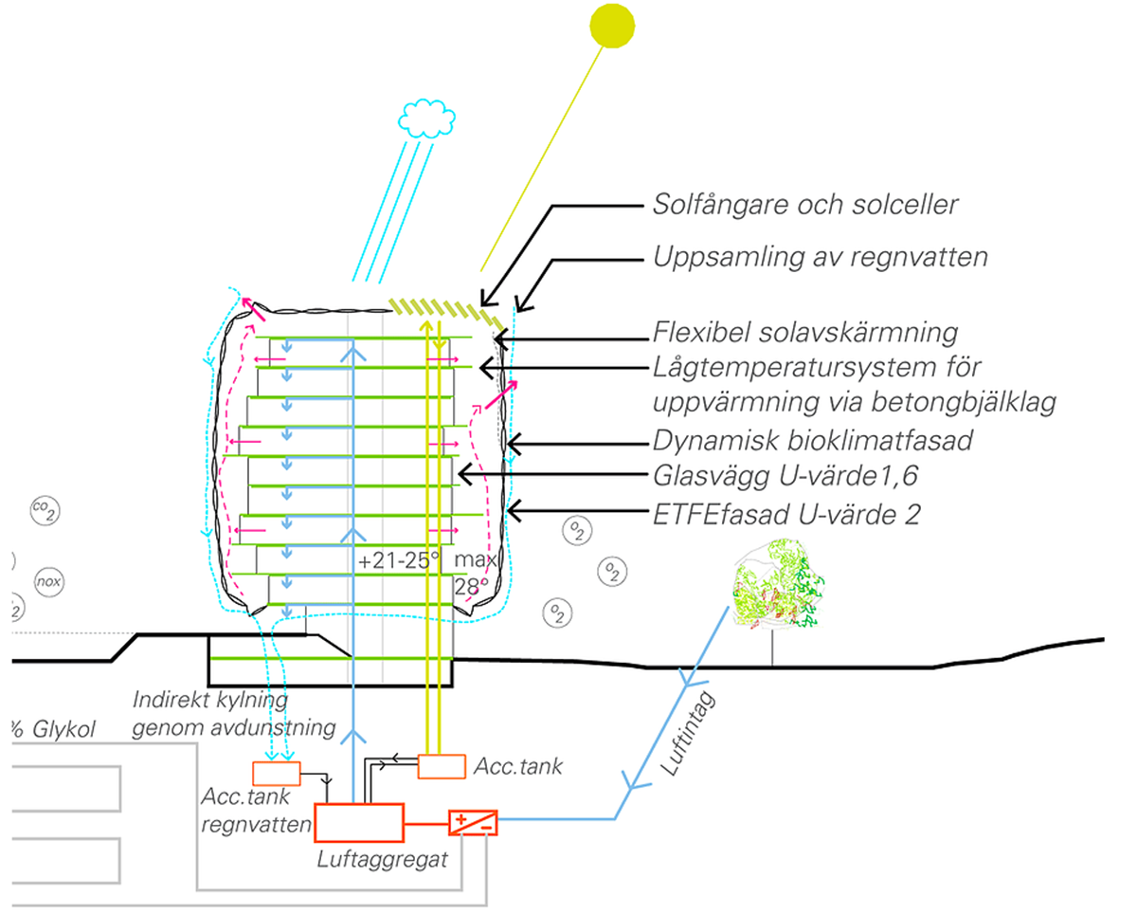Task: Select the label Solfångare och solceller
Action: click(x=805, y=204)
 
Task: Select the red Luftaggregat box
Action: click(x=359, y=823)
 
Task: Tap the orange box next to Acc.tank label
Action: click(x=442, y=765)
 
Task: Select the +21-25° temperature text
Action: click(x=399, y=560)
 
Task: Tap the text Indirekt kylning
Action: click(x=209, y=703)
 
